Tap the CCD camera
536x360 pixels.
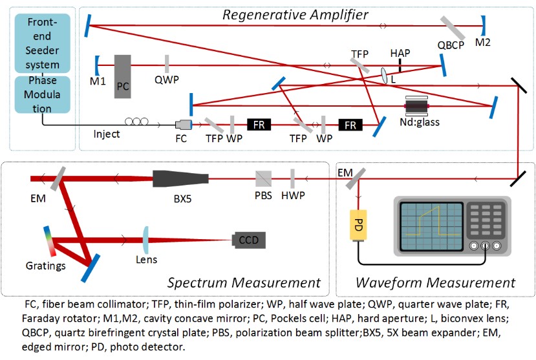250,240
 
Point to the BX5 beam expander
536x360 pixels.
180,178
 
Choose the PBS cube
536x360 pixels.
263,178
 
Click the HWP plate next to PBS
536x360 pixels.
292,178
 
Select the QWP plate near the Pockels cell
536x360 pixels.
167,65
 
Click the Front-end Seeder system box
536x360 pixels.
43,43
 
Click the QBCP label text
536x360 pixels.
451,47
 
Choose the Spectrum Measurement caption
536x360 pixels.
244,282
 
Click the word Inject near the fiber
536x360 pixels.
107,134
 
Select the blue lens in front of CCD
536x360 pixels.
147,240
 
